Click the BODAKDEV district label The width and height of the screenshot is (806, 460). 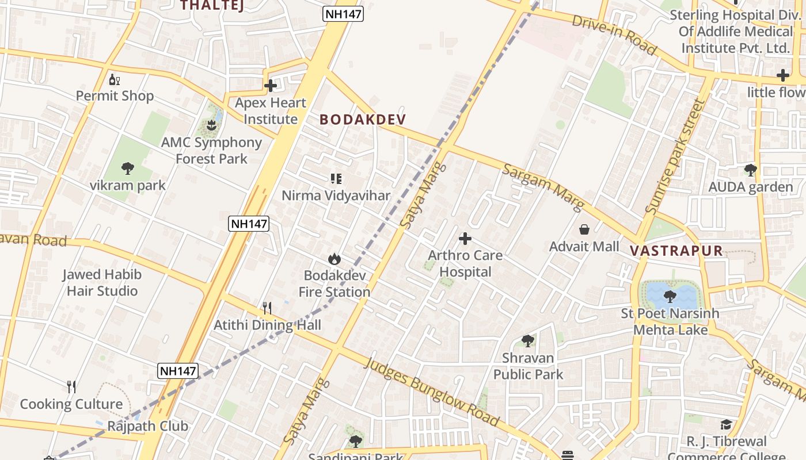click(363, 120)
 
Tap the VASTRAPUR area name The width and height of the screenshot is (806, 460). click(676, 251)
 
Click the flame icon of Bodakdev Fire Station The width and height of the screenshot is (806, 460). click(334, 259)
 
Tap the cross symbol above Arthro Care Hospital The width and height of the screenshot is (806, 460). click(465, 239)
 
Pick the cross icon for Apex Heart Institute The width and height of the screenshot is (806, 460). click(271, 86)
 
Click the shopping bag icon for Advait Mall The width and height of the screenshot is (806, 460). click(584, 229)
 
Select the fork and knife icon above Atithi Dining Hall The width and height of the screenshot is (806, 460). click(267, 308)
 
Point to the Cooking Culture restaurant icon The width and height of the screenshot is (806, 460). click(71, 387)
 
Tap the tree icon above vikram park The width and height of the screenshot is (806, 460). click(128, 168)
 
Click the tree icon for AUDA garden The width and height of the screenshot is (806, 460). click(750, 170)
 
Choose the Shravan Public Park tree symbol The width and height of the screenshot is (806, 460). click(527, 341)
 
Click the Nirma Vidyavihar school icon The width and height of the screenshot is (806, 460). click(336, 179)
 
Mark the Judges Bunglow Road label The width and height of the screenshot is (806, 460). click(432, 393)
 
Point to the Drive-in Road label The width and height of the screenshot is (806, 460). click(614, 35)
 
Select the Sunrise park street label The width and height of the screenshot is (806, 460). click(675, 156)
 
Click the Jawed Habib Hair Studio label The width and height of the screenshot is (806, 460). click(102, 282)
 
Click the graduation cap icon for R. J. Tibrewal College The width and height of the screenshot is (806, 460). click(726, 425)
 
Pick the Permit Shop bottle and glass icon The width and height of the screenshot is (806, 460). click(115, 79)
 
